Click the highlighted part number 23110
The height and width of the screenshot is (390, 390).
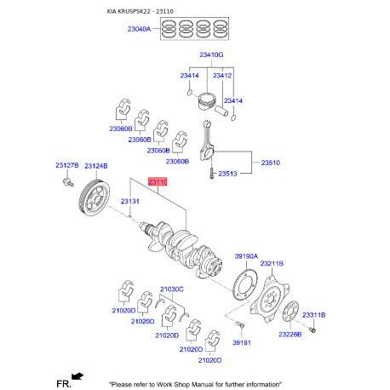pos(158,181)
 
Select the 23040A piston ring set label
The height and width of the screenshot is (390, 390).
pos(139,29)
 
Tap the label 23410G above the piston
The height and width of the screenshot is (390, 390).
pos(211,54)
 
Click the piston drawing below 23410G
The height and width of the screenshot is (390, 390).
pos(207,101)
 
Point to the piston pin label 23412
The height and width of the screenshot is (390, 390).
pos(222,76)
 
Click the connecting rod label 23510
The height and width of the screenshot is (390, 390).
pos(271,163)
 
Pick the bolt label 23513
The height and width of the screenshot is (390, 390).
pos(227,174)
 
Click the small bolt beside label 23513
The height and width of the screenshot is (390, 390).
pos(211,173)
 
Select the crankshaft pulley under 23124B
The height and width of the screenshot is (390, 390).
pos(94,198)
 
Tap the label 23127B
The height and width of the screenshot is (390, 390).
pos(67,165)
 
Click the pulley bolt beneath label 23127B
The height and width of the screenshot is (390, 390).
pos(68,182)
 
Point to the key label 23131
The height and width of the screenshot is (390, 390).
pos(130,201)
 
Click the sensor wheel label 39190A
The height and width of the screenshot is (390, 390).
pos(246,256)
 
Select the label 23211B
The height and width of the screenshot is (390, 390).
pos(272,264)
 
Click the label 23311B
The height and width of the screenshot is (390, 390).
pos(314,315)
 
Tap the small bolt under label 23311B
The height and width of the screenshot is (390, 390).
pos(313,330)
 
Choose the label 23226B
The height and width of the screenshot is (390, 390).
pos(290,335)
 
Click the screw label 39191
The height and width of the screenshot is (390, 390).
pos(242,342)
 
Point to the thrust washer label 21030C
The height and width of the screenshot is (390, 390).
pos(172,290)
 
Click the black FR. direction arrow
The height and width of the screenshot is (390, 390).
pos(77,376)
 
